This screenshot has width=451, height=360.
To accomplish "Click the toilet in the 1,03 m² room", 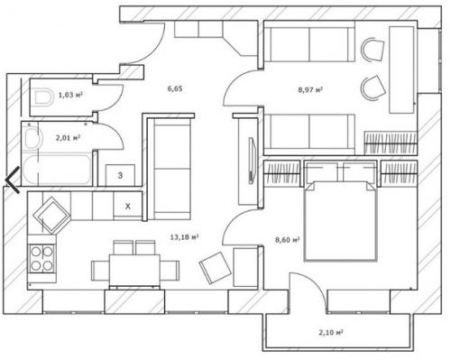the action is [x=41, y=97].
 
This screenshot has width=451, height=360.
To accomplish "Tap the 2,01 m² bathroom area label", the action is [x=69, y=138].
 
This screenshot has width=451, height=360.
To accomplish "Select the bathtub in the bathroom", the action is [x=57, y=170].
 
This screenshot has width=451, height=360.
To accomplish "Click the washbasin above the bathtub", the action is [x=32, y=138].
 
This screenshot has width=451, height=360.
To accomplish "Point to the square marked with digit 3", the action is [x=120, y=175].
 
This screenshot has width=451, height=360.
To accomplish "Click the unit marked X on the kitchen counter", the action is [x=128, y=207].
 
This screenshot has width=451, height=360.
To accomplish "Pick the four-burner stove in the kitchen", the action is [x=41, y=259].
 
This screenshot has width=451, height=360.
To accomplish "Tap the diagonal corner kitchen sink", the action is [x=51, y=215].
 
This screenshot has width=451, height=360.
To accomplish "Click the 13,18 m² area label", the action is [x=184, y=237].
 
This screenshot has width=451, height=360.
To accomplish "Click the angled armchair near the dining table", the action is [x=215, y=268].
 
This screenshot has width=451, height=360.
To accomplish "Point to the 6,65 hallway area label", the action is [x=175, y=88].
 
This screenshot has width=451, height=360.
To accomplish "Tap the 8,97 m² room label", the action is [x=310, y=89].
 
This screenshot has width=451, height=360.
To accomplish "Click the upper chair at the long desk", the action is [x=373, y=49].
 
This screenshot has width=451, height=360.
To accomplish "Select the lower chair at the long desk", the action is [x=373, y=88].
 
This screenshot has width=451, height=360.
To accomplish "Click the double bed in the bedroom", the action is [x=340, y=221].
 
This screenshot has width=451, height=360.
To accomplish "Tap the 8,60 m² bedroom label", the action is [x=287, y=240].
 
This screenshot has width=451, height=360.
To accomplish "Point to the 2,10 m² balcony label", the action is [x=331, y=332].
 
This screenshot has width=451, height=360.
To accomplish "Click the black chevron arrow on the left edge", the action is [x=13, y=180].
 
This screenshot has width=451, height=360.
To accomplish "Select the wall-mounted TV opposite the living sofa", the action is [x=252, y=160].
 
